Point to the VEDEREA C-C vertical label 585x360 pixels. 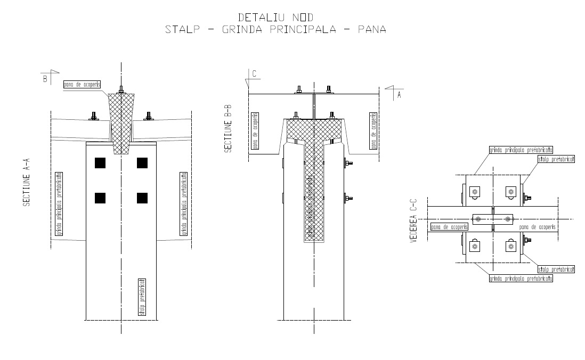pyautogui.click(x=413, y=220)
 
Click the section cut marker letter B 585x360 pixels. pyautogui.click(x=45, y=79)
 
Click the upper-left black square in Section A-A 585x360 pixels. pyautogui.click(x=100, y=162)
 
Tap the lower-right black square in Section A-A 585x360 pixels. pyautogui.click(x=142, y=198)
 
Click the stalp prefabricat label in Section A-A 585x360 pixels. pyautogui.click(x=142, y=297)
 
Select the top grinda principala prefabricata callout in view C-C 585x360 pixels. pyautogui.click(x=521, y=151)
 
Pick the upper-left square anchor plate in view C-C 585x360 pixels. pyautogui.click(x=474, y=192)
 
